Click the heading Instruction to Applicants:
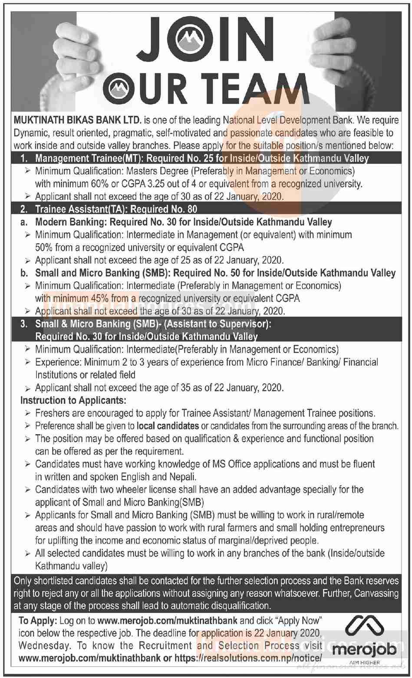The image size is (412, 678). click(73, 400)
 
